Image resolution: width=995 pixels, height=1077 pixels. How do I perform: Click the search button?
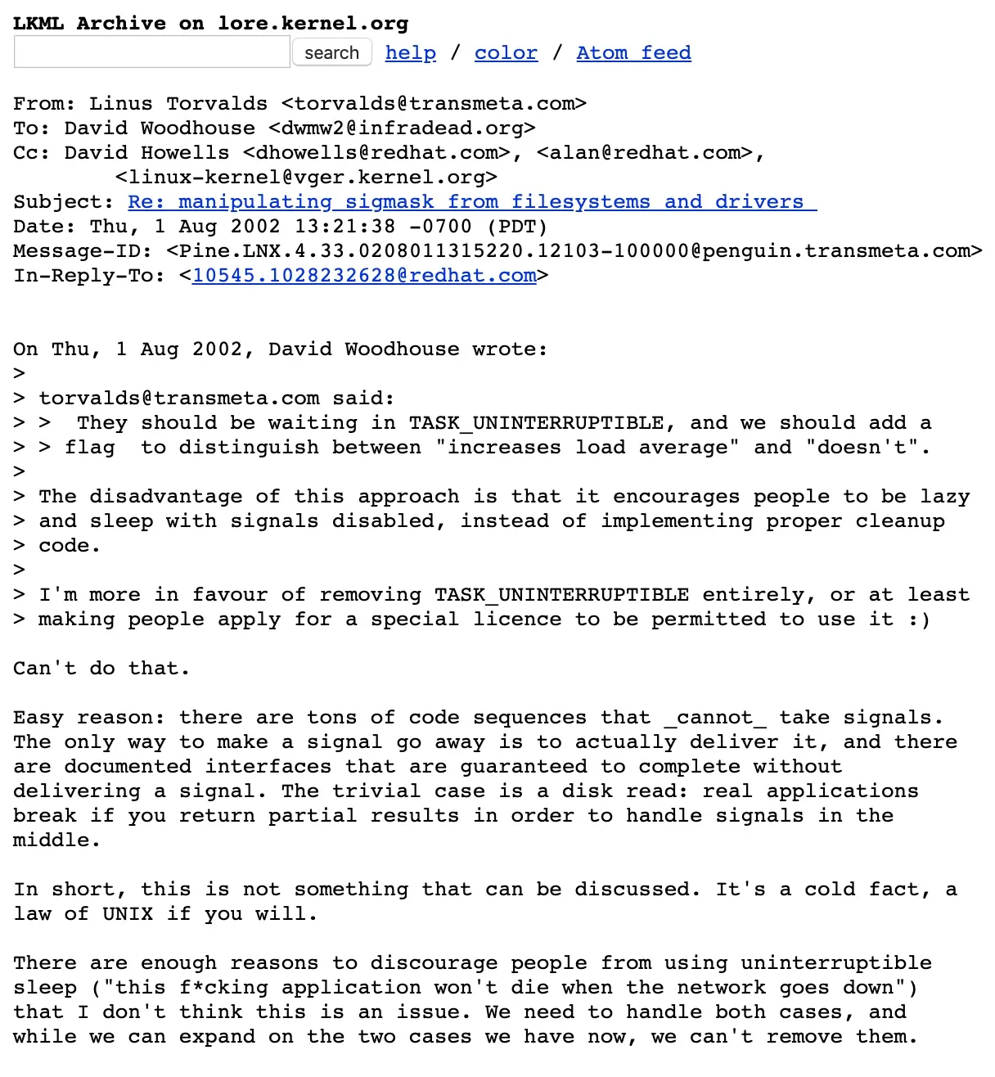[x=331, y=53]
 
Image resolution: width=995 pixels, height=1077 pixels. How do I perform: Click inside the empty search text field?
[x=152, y=53]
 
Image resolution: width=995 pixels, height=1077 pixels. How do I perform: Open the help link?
[x=410, y=53]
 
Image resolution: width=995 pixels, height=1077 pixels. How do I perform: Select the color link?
[x=506, y=53]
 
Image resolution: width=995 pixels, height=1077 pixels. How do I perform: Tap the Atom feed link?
[x=633, y=53]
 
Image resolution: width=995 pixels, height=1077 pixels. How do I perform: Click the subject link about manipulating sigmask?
[x=472, y=202]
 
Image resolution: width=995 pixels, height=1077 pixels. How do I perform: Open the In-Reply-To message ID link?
[x=364, y=276]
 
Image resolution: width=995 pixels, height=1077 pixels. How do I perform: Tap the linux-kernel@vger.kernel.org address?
[x=306, y=178]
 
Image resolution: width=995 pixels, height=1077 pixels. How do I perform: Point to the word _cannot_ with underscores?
[x=714, y=718]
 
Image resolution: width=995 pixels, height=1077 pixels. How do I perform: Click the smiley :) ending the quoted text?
[x=919, y=620]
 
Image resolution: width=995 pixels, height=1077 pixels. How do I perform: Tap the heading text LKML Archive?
[x=89, y=23]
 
